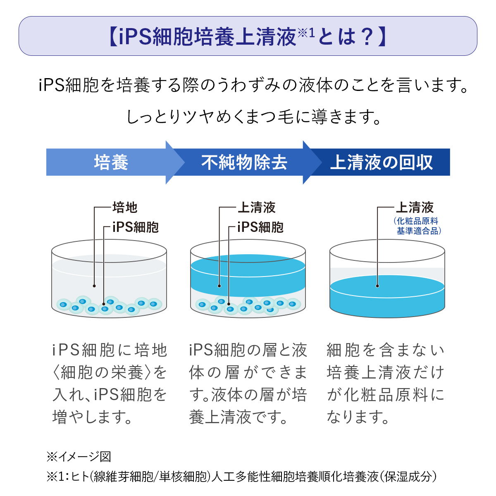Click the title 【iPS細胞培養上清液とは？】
point(248,36)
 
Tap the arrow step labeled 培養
point(111,162)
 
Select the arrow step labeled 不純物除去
point(244,162)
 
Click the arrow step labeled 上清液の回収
point(381,162)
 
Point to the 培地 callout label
point(124,207)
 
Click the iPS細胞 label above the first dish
point(135,227)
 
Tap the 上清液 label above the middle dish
point(256,207)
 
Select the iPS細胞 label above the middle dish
point(260,227)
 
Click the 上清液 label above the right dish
point(415,207)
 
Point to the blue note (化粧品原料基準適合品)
point(417,226)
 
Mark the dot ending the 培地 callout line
point(94,286)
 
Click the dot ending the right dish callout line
point(377,286)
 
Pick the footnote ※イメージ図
point(79,456)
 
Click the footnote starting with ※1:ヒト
point(242,477)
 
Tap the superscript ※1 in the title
point(306,32)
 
